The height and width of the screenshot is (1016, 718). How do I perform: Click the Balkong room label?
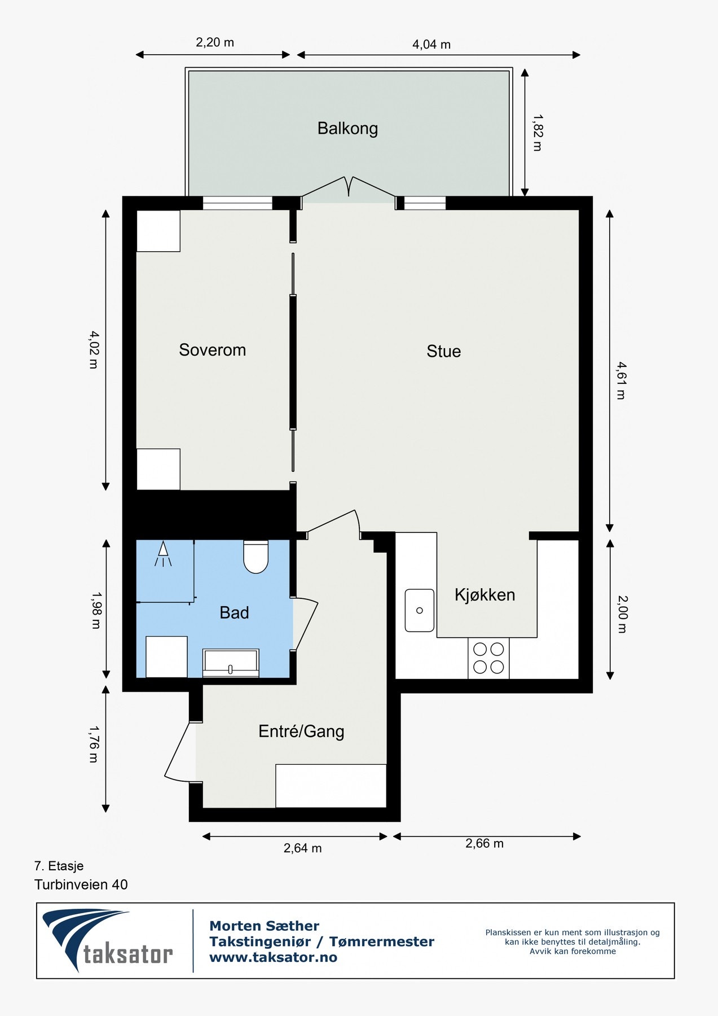(347, 129)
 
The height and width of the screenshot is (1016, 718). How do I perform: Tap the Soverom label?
(212, 350)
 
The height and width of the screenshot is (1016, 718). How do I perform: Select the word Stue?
(443, 351)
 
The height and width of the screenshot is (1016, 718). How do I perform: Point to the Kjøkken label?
(484, 595)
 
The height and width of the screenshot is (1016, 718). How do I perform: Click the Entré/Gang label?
(301, 732)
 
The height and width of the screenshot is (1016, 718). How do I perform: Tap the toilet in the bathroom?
(256, 557)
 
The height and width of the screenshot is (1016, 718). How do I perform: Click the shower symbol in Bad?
(163, 554)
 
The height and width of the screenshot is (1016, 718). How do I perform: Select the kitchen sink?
(420, 610)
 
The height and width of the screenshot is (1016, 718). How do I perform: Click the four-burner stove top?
(488, 658)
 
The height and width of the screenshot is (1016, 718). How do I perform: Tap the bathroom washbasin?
(231, 663)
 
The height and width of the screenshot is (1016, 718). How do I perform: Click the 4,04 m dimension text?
(431, 45)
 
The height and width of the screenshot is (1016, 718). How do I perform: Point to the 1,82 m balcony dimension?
(537, 133)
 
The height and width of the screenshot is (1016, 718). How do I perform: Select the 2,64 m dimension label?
(302, 848)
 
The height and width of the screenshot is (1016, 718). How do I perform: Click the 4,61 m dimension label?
(620, 380)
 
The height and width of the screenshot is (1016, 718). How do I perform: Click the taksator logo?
(107, 940)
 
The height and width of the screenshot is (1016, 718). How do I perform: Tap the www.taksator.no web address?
(273, 957)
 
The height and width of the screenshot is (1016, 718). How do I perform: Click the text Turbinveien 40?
(81, 884)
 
